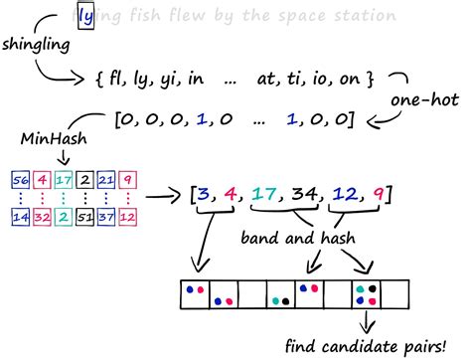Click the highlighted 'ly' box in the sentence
point(86,17)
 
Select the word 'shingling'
point(37,48)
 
